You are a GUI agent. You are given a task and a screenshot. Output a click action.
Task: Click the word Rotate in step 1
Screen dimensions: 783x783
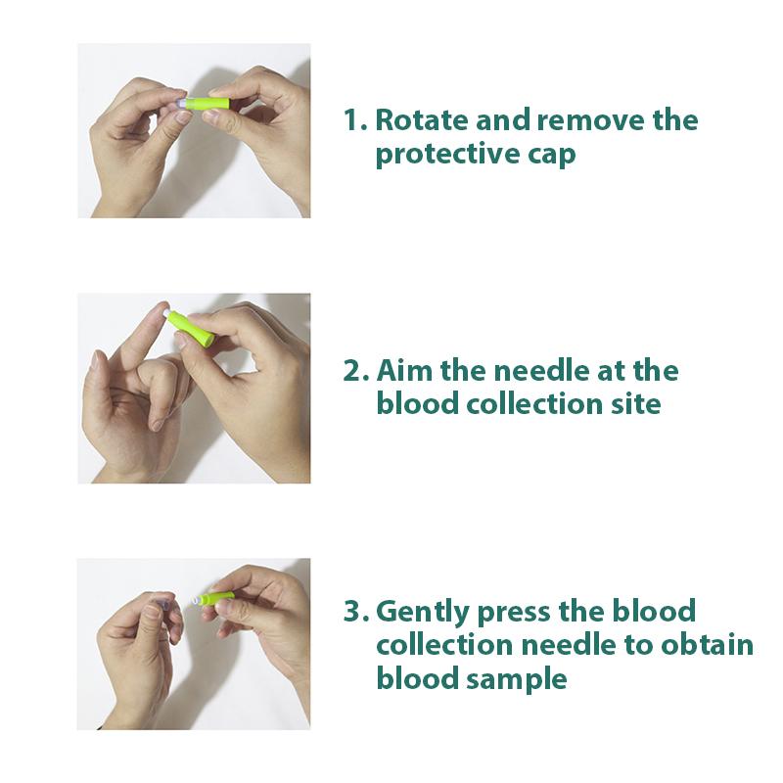click(420, 121)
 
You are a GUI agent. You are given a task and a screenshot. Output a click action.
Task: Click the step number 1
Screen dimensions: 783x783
click(353, 121)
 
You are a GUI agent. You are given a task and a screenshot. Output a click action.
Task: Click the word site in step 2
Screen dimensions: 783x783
click(634, 403)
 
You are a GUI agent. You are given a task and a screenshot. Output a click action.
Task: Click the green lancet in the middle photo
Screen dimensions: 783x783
click(190, 329)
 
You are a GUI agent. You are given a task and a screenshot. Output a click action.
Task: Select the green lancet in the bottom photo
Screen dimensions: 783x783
click(217, 596)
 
